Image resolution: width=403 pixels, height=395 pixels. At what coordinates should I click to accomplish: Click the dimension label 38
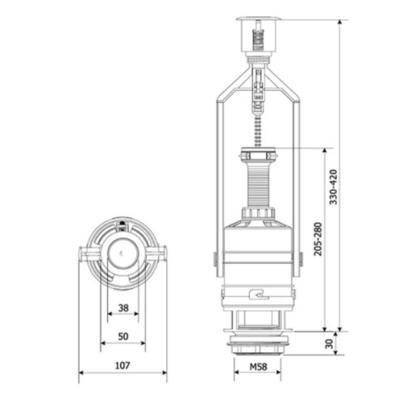pos(123,307)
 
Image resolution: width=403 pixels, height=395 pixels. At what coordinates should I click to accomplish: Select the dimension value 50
pos(123,336)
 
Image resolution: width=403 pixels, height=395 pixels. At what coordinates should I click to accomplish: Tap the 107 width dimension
pos(123,365)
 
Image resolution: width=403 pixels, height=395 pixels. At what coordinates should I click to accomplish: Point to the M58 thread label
pos(258,367)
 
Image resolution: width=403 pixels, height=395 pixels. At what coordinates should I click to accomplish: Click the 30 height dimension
pos(329,344)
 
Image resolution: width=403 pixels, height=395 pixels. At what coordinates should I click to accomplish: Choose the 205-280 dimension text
pos(318,239)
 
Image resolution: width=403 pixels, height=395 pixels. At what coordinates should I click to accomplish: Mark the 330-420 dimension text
pos(333,187)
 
